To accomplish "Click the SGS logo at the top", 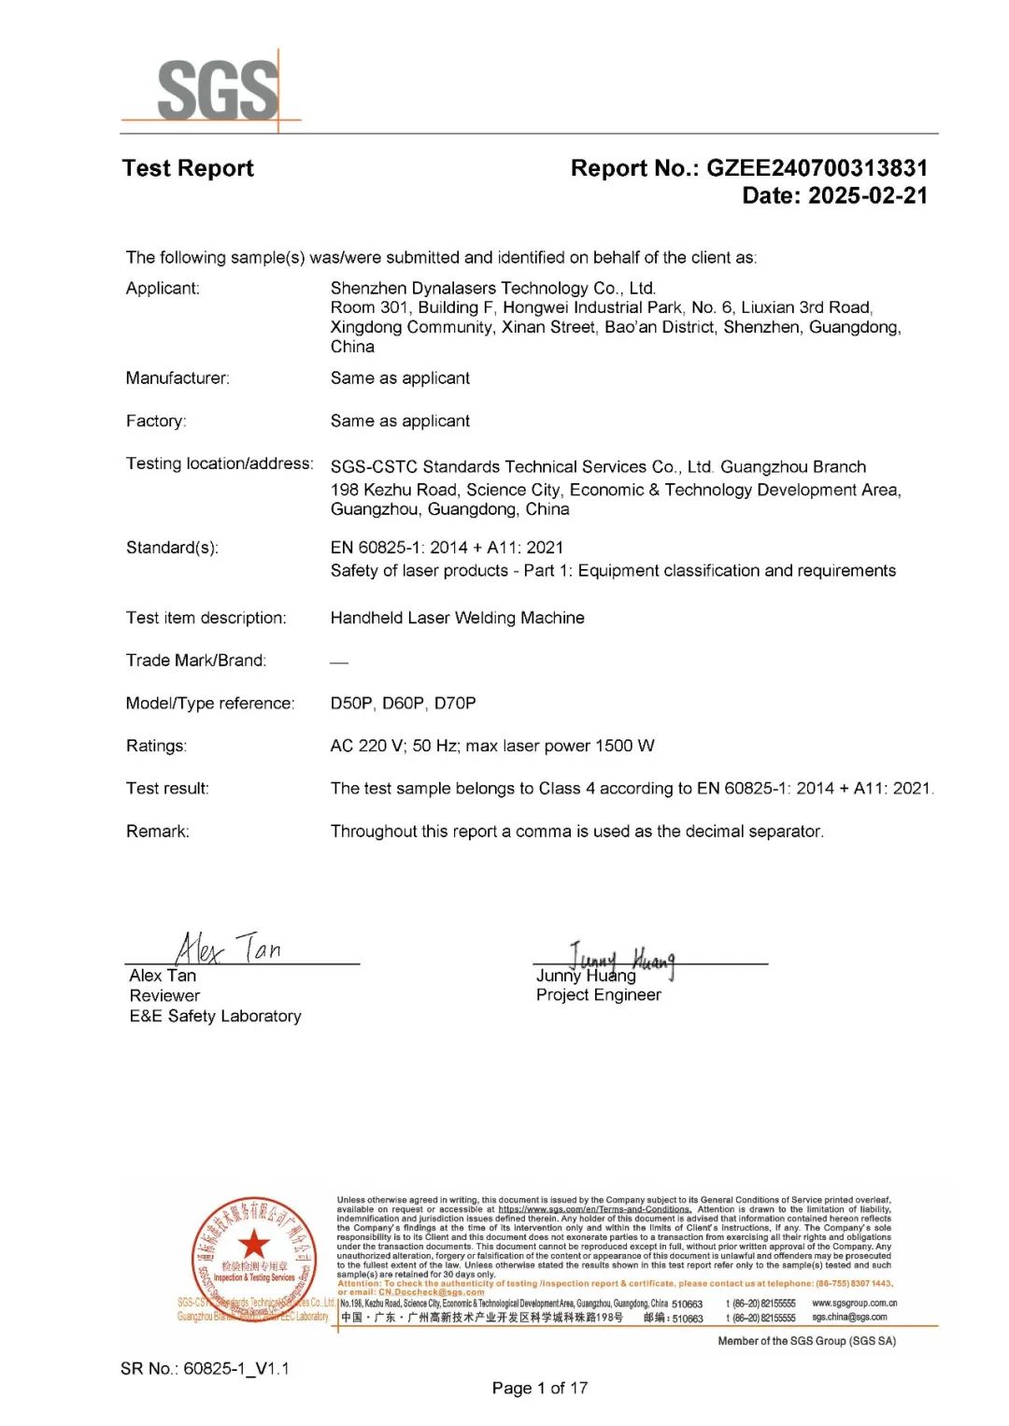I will point(217,90).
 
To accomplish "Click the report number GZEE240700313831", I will point(817,168).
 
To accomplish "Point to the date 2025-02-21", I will point(867,196).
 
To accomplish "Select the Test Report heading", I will point(188,168).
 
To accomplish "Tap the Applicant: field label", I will point(163,288).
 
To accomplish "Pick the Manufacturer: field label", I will point(178,378).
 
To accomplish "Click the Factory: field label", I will point(156,421).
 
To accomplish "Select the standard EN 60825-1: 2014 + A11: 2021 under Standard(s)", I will point(447,548).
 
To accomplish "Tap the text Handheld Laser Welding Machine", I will point(457,618).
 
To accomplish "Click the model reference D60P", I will point(403,703).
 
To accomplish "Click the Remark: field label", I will point(157,831).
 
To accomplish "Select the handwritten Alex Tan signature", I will point(228,948).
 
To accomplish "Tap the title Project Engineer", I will point(598,995).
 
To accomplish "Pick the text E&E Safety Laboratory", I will point(215,1016).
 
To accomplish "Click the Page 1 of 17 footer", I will point(540,1388).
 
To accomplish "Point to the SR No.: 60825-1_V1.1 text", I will point(205,1368).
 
